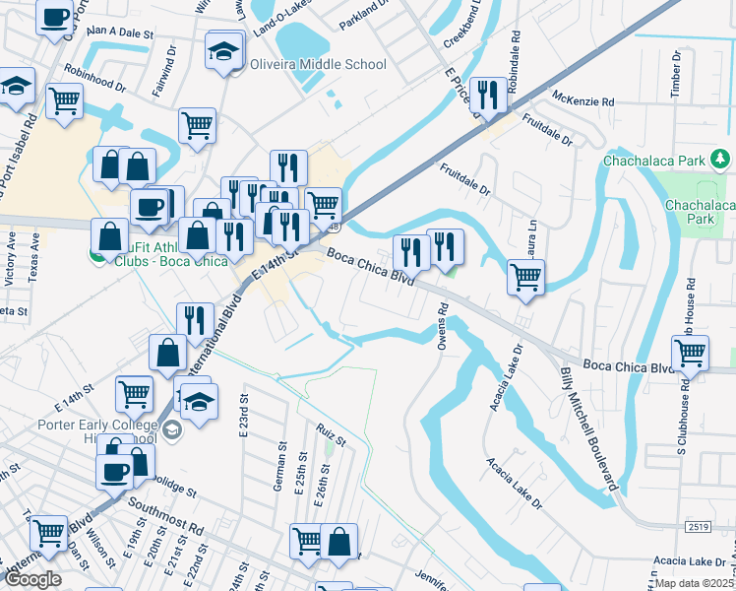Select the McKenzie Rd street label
583,100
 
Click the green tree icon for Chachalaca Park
721,158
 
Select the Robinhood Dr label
95,79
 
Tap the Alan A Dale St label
121,33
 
